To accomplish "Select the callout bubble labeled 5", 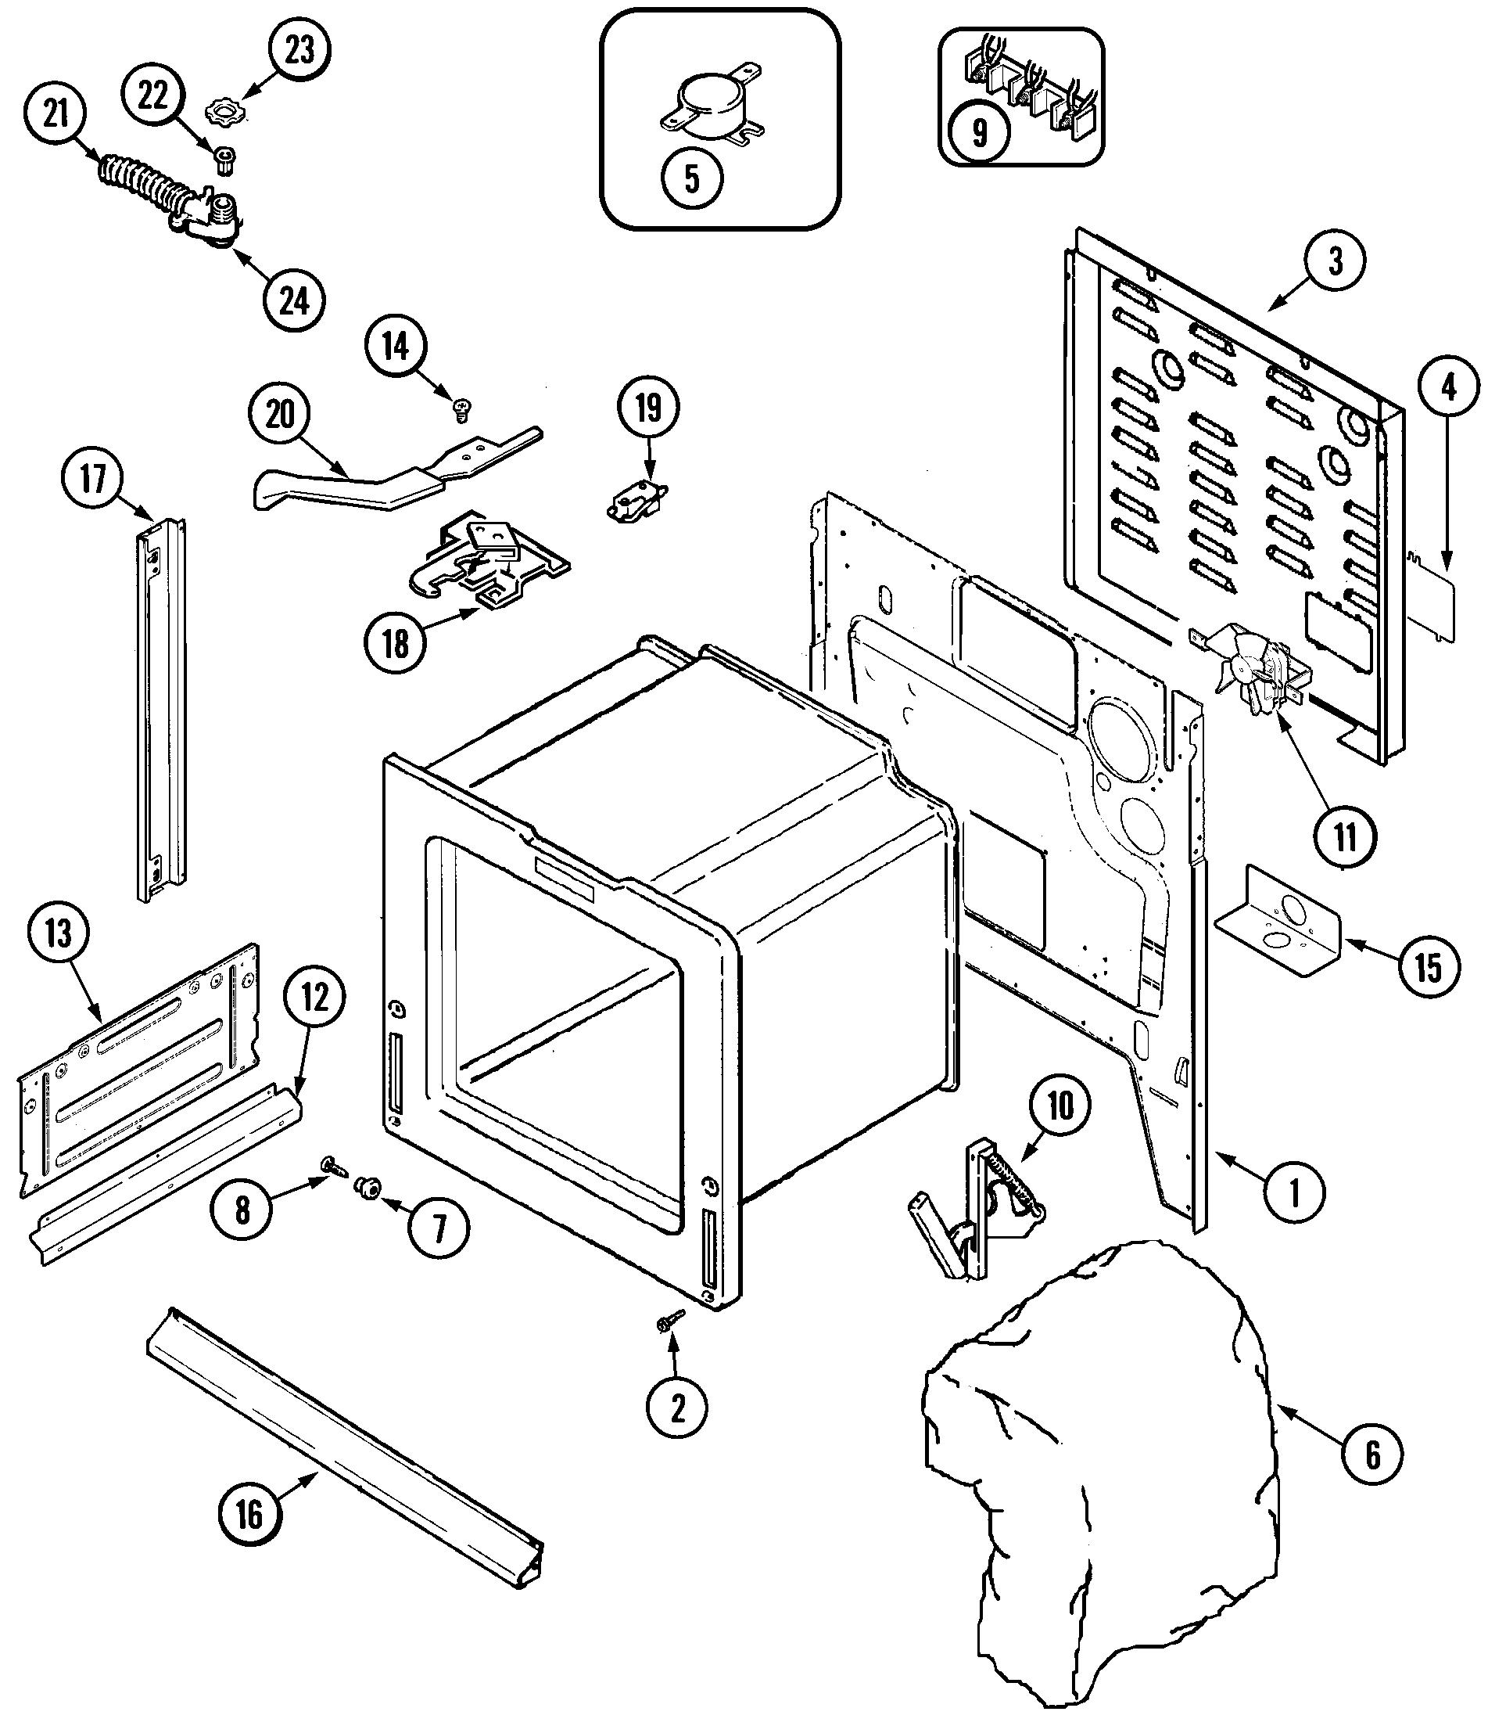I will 692,178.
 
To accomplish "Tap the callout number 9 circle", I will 979,131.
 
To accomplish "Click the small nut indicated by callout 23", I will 222,111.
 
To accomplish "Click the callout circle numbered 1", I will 1294,1194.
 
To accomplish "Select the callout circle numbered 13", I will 57,933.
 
